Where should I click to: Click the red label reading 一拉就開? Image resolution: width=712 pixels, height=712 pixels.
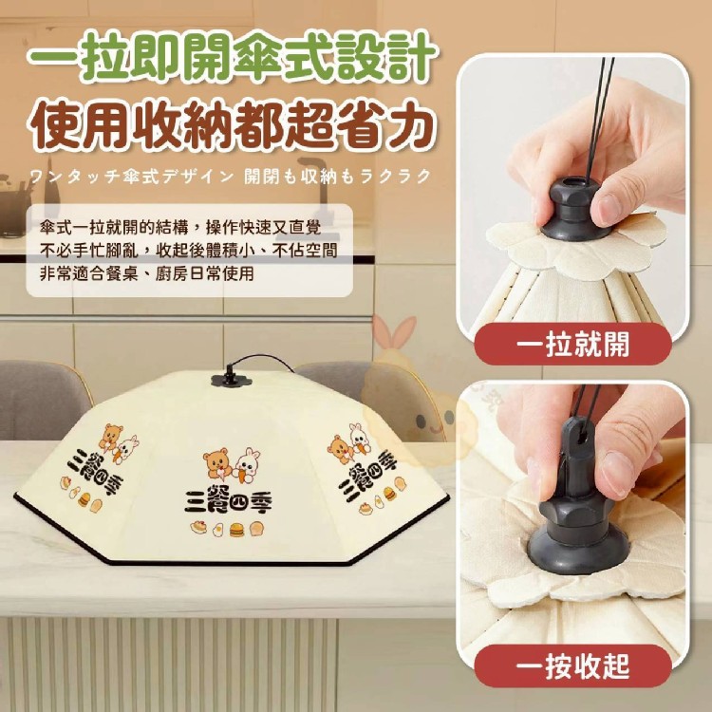coord(572,344)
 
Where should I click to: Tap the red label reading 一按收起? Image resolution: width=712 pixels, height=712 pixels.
coord(572,665)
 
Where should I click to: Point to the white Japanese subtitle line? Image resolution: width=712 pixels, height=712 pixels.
coord(231,177)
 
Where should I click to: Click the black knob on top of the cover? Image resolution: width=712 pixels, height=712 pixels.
coord(231,378)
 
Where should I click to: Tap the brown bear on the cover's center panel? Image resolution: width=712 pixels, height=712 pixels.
coord(217,464)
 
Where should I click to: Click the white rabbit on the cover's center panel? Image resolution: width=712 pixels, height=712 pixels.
coord(247,464)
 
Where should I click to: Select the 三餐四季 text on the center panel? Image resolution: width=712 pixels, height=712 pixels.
coord(228,500)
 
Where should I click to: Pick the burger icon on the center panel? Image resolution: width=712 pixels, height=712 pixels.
coord(236,530)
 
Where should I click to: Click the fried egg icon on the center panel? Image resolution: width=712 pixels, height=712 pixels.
coord(217,530)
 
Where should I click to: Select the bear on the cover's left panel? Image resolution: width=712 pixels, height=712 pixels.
coord(110,437)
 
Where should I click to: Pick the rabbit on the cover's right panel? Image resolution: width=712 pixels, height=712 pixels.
coord(360,434)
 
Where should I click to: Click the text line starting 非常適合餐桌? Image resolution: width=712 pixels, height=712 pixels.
coord(146,273)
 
